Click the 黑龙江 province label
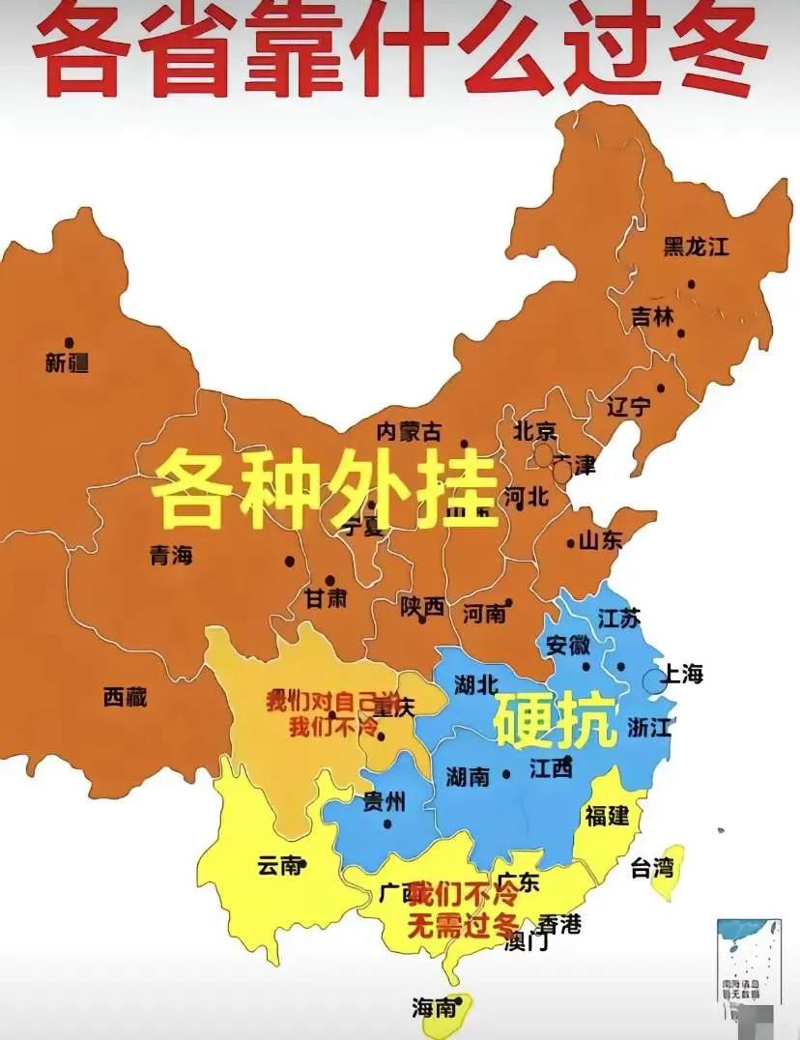pos(696,246)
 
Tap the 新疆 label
pos(67,363)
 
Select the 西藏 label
pos(126,696)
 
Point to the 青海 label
pos(171,556)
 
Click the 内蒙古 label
pos(409,431)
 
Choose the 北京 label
pos(535,430)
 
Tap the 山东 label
pos(600,541)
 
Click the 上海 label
pos(681,674)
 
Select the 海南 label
pos(434,1008)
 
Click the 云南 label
pos(280,866)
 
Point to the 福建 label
pos(607,815)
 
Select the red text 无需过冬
pos(463,925)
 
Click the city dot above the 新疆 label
pos(69,342)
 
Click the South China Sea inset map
pos(748,961)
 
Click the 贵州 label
pos(384,801)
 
